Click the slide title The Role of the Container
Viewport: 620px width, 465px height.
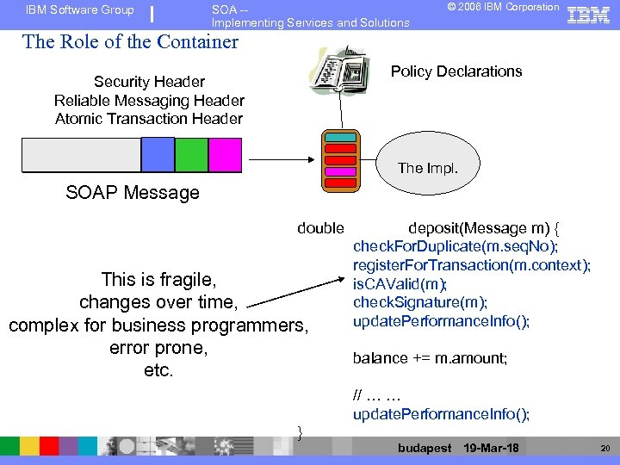130,41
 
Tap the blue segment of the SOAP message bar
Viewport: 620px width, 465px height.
158,155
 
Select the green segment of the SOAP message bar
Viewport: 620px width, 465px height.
191,155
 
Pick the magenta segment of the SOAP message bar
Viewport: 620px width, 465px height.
225,155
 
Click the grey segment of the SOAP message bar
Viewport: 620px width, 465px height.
80,155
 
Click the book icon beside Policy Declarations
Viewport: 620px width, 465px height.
339,77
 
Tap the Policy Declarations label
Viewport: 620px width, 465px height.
456,71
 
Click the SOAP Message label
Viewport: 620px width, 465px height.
133,193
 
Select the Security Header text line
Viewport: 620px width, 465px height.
149,82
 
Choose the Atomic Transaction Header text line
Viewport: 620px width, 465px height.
149,119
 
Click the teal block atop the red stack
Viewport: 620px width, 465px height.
340,138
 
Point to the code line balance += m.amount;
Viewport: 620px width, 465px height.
430,357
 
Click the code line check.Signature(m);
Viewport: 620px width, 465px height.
420,302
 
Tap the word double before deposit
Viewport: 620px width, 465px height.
320,228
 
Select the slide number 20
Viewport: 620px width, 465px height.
604,449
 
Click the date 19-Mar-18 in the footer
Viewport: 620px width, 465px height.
491,449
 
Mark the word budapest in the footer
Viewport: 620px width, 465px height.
425,449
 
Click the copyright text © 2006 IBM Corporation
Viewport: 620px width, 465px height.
503,8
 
